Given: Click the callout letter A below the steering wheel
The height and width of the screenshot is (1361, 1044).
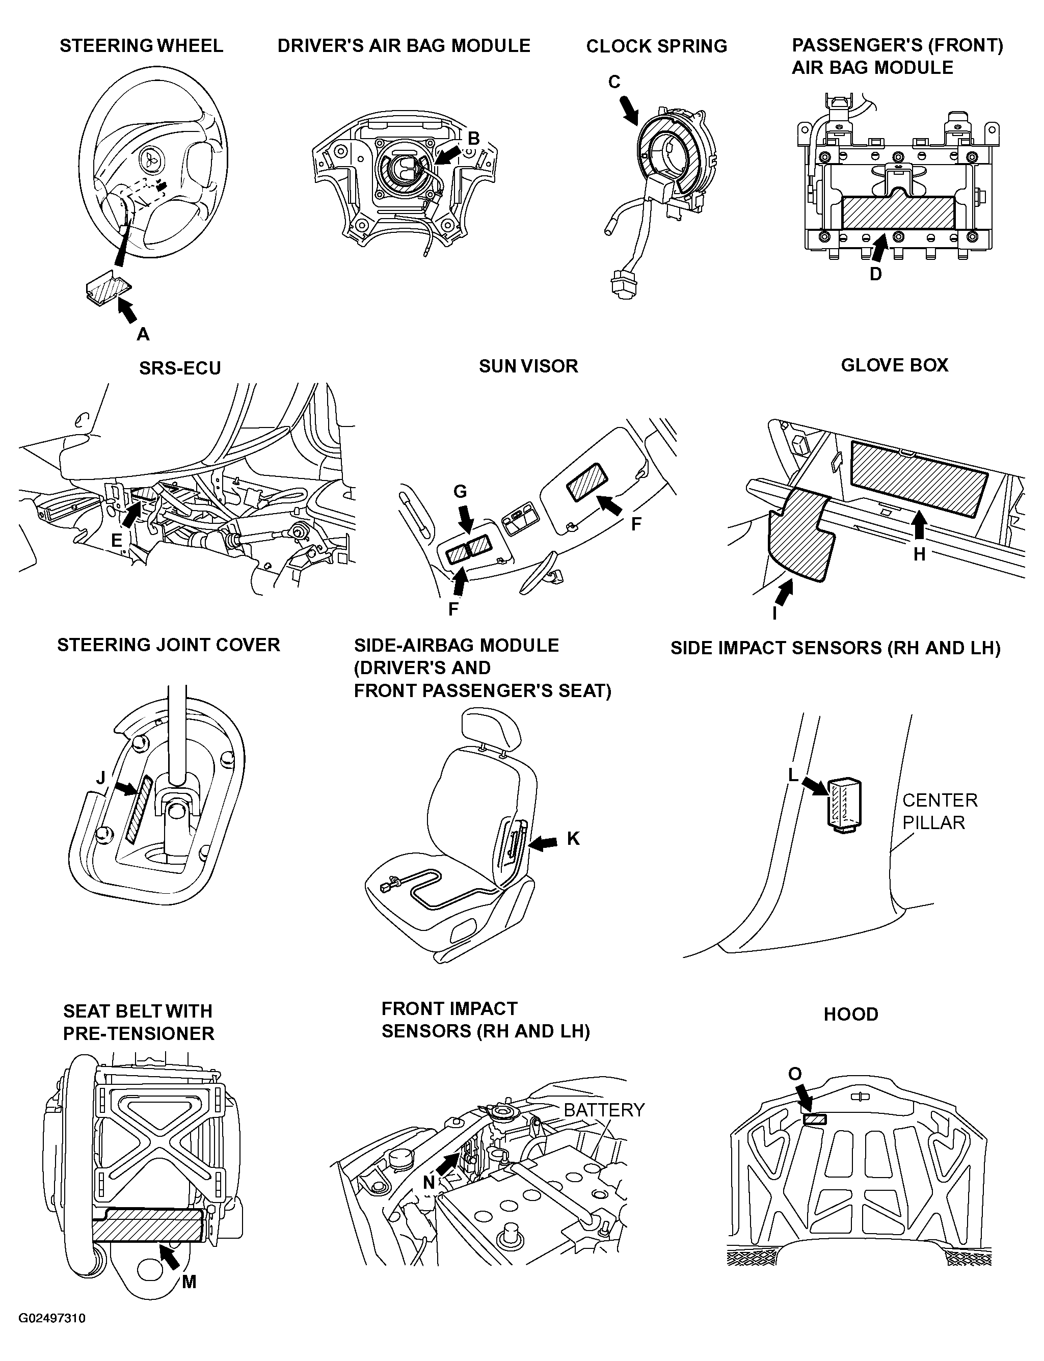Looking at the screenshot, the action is tap(143, 334).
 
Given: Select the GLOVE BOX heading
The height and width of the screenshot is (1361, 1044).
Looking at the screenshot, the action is tap(894, 365).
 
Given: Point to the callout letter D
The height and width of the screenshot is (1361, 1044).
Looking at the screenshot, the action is tap(875, 274).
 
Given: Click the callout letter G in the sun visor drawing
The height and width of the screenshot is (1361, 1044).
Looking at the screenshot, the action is tap(460, 492).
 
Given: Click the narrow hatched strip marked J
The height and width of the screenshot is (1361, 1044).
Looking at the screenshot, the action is tap(138, 809).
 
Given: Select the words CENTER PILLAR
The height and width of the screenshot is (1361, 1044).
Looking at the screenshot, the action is tap(940, 811).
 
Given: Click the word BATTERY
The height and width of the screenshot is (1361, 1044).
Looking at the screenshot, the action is tap(604, 1110).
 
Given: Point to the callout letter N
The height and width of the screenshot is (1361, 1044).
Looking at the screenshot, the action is tap(429, 1183).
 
